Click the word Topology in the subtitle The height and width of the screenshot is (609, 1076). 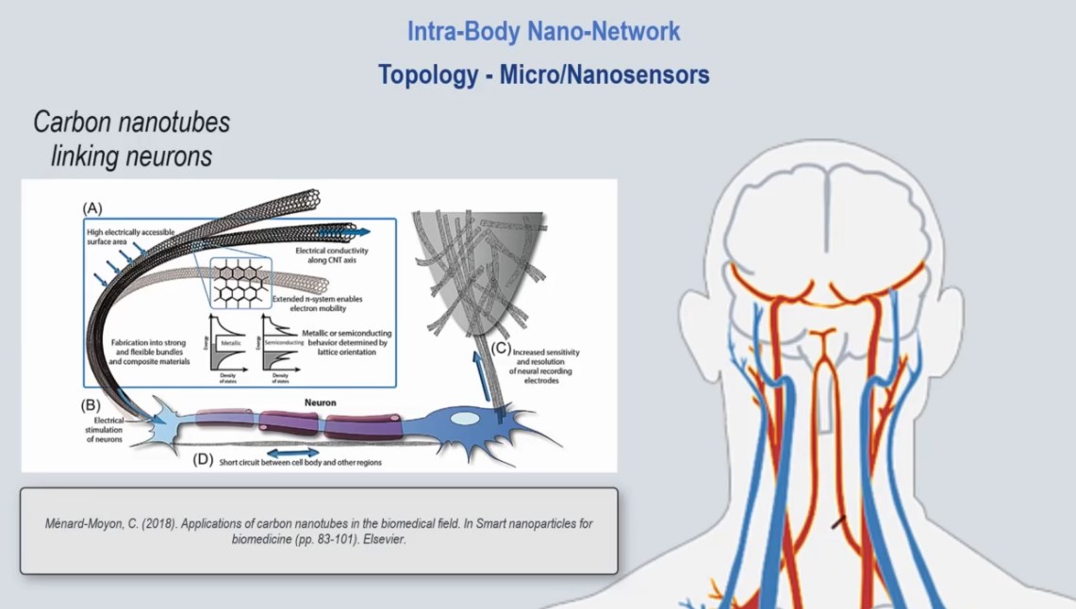423,74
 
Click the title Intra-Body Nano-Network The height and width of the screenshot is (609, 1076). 543,31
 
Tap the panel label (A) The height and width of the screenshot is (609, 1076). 92,206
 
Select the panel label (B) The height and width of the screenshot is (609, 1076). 91,406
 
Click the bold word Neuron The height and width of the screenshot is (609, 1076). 321,403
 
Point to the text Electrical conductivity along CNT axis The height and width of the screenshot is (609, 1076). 331,255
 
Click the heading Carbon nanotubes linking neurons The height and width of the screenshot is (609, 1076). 131,139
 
